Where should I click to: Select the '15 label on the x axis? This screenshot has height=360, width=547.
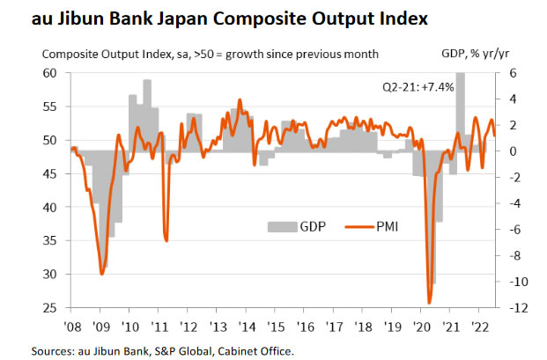[276, 326]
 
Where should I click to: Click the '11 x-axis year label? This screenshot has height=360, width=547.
[159, 326]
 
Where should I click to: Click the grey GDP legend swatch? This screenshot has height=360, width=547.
[282, 226]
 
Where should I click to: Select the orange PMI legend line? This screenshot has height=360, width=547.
[359, 226]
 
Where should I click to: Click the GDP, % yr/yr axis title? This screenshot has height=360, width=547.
[468, 54]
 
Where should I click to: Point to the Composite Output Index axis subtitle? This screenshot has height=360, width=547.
[211, 54]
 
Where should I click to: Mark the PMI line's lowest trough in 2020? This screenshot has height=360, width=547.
[429, 303]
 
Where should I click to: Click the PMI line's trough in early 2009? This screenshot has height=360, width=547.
[102, 274]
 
